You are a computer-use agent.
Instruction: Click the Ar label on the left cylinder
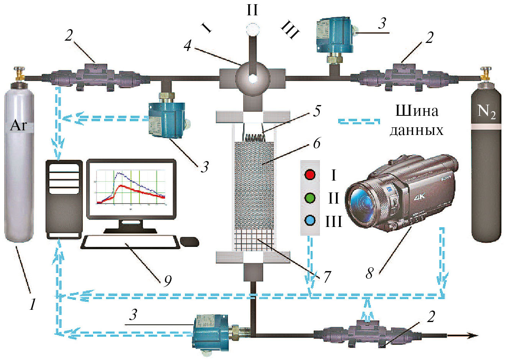(18, 125)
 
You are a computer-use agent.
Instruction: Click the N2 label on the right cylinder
(486, 111)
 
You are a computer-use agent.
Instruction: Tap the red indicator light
(310, 175)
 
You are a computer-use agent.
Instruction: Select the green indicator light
(310, 198)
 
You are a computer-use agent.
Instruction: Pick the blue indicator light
(310, 221)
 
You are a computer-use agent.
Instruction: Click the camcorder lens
(362, 201)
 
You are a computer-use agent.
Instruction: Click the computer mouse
(190, 242)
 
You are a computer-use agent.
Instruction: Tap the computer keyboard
(130, 242)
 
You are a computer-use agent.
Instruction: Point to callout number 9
(167, 281)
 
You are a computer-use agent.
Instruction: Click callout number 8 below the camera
(369, 273)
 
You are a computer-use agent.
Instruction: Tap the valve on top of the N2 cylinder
(486, 72)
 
